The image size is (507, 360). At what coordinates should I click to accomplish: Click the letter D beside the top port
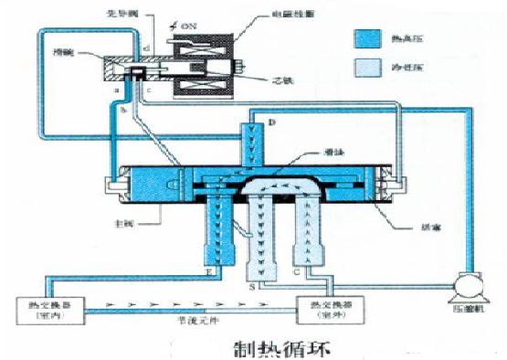coord(272,122)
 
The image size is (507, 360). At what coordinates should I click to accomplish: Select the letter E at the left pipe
coord(209,270)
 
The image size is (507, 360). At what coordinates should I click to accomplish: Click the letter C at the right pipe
coord(294,270)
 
